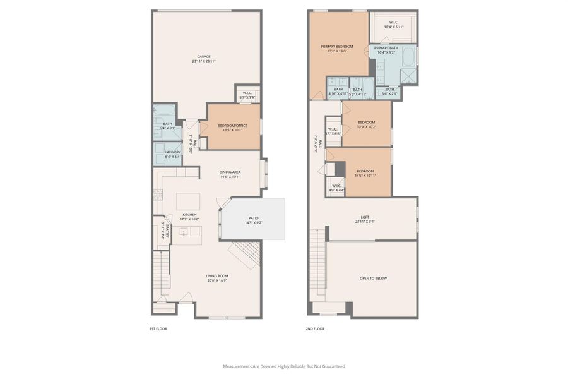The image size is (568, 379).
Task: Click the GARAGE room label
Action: (203, 56)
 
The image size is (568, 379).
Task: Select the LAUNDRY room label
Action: (173, 152)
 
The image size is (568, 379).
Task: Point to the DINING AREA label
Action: (230, 172)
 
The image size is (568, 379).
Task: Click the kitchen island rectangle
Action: (188, 202)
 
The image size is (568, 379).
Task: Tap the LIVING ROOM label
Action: (217, 276)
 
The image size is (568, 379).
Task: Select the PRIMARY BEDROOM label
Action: (336, 46)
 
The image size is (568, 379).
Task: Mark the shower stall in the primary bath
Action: (408, 75)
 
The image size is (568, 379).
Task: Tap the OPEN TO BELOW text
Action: (373, 278)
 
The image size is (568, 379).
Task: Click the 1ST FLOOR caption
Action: (157, 329)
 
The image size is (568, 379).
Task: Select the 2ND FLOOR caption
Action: (315, 329)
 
